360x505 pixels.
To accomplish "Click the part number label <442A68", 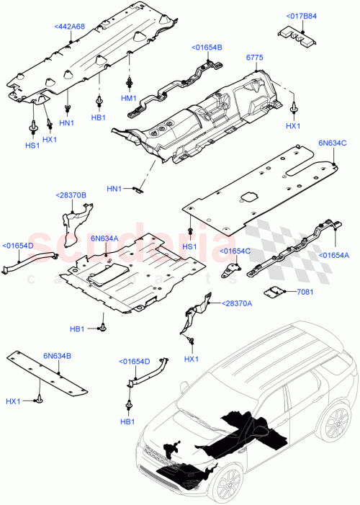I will [x=69, y=27].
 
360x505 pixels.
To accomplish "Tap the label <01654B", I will [x=207, y=48].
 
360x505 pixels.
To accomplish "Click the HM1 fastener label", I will [x=129, y=98].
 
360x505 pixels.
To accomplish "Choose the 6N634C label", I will [x=323, y=143].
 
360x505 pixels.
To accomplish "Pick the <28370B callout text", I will [x=71, y=195].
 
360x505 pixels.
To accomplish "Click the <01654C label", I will [x=235, y=251].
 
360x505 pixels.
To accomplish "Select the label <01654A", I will [x=335, y=254].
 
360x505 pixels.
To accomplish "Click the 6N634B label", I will [x=55, y=356].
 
